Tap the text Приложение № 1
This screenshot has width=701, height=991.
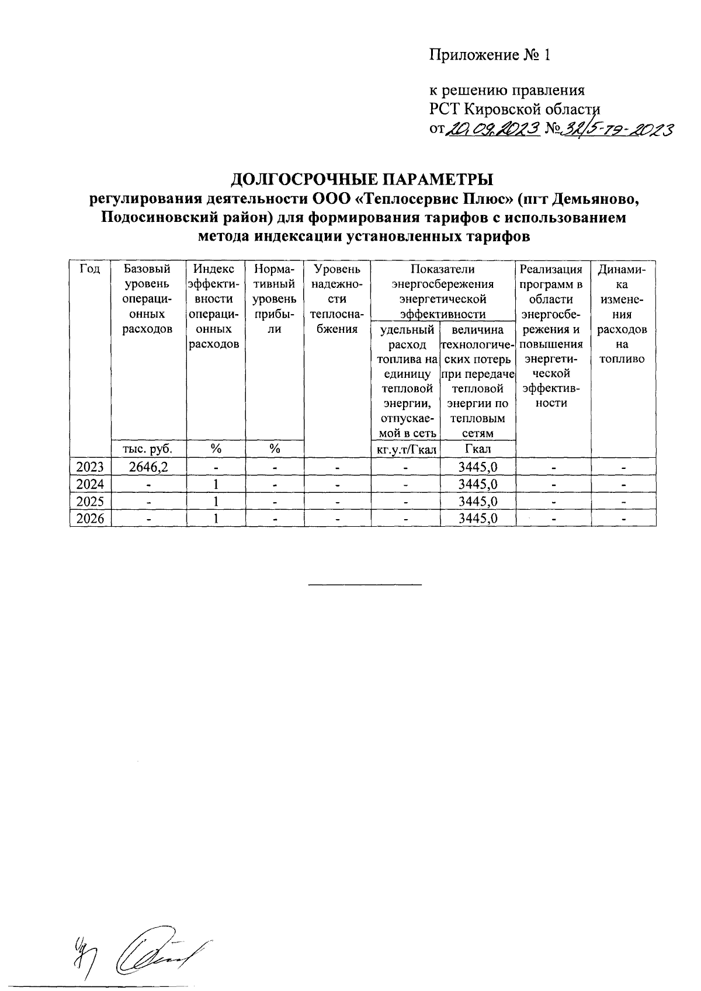tap(490, 55)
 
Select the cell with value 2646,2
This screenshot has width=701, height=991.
tap(148, 467)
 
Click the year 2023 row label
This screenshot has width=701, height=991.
tap(90, 467)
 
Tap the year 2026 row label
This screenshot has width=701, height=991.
tap(90, 519)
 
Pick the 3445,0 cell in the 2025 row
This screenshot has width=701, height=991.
tap(478, 502)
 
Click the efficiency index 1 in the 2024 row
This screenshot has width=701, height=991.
tap(216, 484)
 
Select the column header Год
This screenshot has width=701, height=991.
tap(90, 269)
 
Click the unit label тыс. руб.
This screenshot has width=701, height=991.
tap(148, 448)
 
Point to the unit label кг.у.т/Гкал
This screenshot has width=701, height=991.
tap(406, 448)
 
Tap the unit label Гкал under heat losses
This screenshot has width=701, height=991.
tap(478, 448)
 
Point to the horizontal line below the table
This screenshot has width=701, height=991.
tap(365, 584)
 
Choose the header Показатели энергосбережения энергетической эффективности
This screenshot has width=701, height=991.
tap(443, 291)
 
